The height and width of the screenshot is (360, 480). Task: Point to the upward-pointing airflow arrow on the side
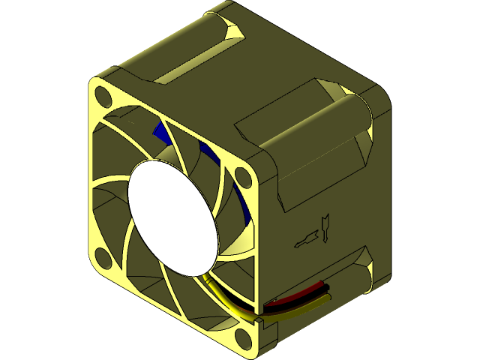(325, 226)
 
